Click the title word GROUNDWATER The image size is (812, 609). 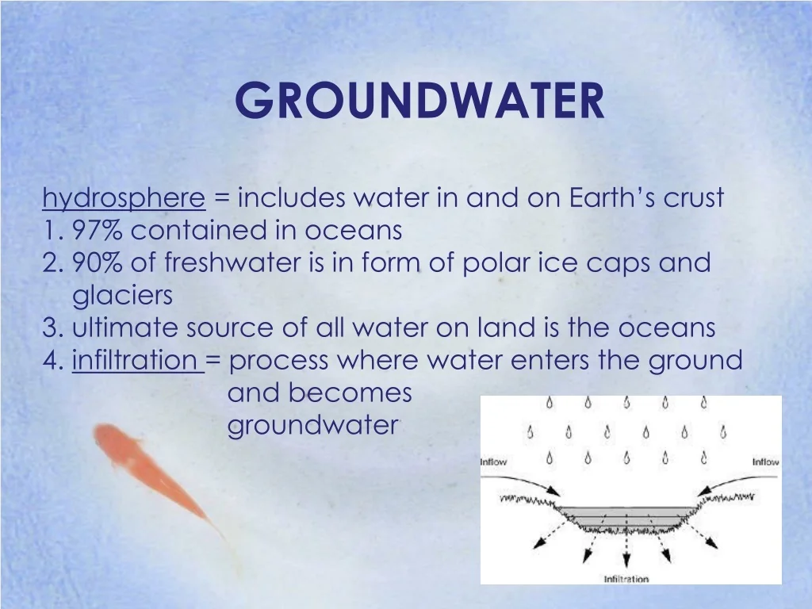pyautogui.click(x=419, y=101)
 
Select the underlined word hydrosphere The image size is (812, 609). pyautogui.click(x=124, y=198)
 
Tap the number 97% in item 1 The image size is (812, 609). pyautogui.click(x=98, y=231)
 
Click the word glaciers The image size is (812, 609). pyautogui.click(x=122, y=296)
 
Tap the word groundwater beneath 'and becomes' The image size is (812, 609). pyautogui.click(x=312, y=426)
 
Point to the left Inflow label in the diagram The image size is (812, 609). pyautogui.click(x=493, y=462)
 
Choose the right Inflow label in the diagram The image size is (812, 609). pyautogui.click(x=765, y=462)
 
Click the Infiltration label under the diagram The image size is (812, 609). pyautogui.click(x=626, y=579)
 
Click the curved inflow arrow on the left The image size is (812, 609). pyautogui.click(x=527, y=484)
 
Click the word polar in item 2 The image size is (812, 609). pyautogui.click(x=485, y=262)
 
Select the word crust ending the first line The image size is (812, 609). pyautogui.click(x=693, y=197)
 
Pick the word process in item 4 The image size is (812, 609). pyautogui.click(x=278, y=361)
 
